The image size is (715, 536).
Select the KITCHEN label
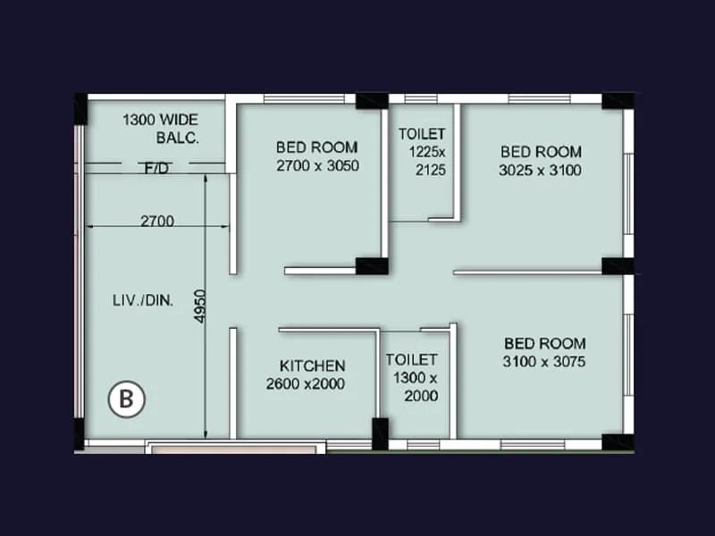312,365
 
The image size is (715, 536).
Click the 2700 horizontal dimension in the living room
156,222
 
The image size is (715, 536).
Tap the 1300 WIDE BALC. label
161,129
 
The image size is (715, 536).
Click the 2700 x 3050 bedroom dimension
317,165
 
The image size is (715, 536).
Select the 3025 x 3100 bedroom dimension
541,170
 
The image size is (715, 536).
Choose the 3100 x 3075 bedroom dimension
545,362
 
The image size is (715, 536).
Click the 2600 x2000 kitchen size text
306,384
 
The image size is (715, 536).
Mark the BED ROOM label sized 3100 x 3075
545,343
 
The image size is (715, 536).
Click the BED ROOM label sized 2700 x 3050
316,147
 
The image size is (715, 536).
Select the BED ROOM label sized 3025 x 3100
541,152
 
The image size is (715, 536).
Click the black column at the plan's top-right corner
617,101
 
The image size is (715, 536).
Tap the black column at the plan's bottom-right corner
617,441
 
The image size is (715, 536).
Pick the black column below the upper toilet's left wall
372,265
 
